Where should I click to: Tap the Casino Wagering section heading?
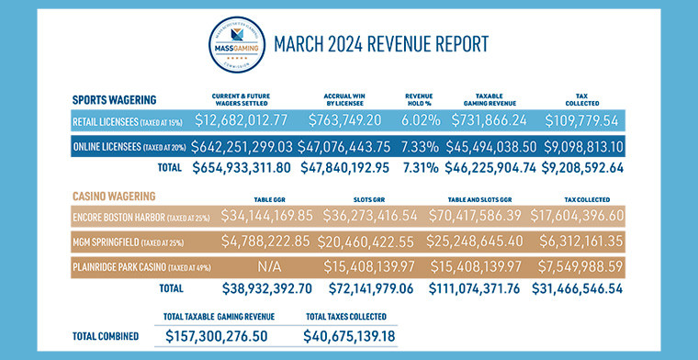point(114,195)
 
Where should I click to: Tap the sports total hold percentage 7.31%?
point(425,168)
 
